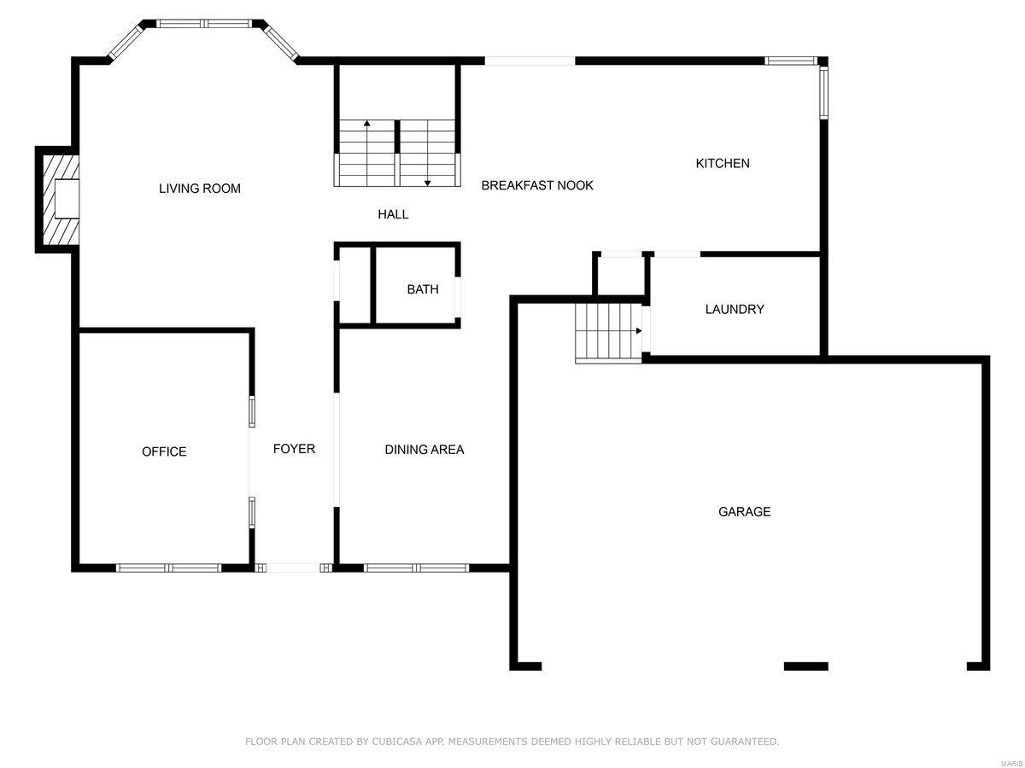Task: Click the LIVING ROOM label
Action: (200, 189)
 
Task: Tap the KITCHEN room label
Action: (723, 163)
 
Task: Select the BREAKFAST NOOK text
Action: (536, 185)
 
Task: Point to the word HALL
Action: (393, 214)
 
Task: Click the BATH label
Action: (423, 289)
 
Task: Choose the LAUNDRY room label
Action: (734, 309)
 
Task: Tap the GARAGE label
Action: (744, 512)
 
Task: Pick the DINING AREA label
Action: (424, 450)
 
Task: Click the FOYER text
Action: (294, 449)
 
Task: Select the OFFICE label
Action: (164, 451)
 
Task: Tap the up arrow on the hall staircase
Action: (367, 125)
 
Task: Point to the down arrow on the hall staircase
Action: (427, 181)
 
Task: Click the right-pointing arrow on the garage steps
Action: (637, 330)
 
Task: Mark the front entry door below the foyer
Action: (293, 567)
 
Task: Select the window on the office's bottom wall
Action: (168, 567)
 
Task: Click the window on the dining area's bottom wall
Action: (416, 567)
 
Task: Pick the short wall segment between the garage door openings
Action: (805, 666)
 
